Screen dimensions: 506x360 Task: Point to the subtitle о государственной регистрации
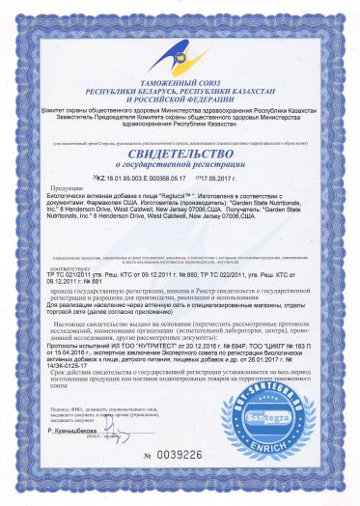click(x=180, y=165)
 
